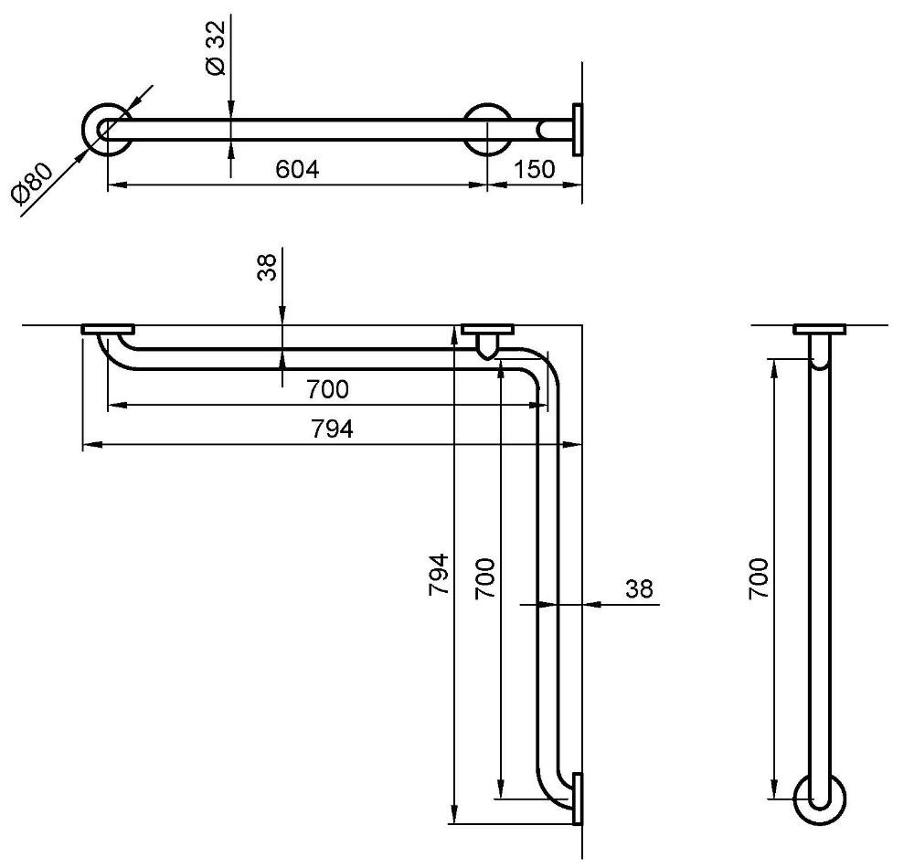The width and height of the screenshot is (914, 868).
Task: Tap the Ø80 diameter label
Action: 33,184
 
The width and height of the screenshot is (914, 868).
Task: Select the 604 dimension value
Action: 297,170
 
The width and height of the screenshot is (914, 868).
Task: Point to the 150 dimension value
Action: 534,170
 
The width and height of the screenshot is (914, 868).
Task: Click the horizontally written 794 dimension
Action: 332,429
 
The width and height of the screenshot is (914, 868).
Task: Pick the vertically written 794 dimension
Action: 439,574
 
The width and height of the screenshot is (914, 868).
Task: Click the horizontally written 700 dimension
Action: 327,389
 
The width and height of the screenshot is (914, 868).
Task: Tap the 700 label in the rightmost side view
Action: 759,577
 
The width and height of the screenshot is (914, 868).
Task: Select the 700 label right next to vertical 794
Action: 484,577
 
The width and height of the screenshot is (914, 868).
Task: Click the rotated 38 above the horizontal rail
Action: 268,268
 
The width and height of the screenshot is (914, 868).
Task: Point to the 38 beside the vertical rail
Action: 640,589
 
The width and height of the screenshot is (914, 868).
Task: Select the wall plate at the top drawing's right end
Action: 577,130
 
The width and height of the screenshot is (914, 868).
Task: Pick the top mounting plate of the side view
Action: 820,329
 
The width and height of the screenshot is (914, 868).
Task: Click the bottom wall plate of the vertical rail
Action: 577,799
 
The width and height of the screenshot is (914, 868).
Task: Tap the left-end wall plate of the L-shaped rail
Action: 108,329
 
